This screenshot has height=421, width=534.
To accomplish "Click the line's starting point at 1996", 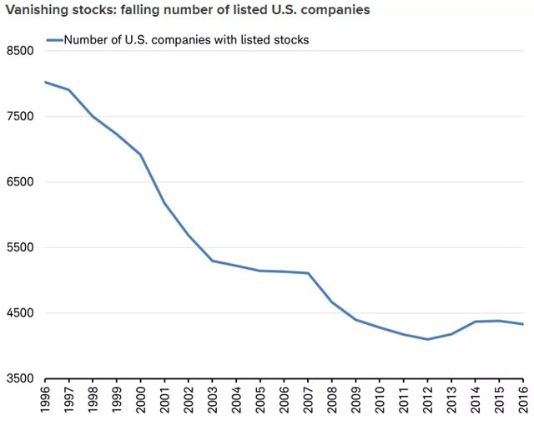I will (44, 82).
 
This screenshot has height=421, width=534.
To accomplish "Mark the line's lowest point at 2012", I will (427, 339).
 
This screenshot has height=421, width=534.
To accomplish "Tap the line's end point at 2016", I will (523, 324).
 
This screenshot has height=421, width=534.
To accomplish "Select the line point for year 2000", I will (140, 155).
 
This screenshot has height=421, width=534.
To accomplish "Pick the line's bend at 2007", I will (308, 273).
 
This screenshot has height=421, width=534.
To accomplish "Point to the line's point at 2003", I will (212, 261).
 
